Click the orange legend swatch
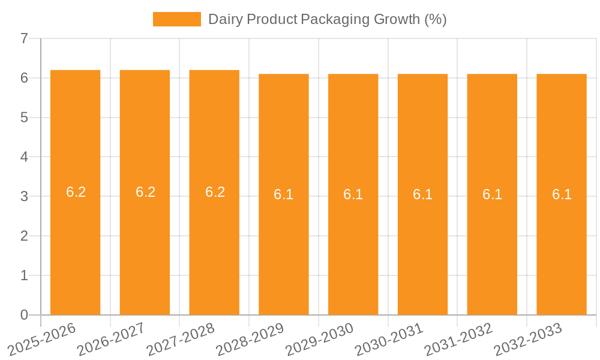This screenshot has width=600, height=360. pos(177,19)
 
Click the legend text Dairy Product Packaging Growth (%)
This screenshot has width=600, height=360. pos(327,19)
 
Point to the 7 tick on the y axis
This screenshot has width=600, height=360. pos(24,39)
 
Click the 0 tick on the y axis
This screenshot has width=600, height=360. pos(24,315)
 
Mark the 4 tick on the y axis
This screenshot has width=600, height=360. pos(24,157)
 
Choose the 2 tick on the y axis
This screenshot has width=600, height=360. pos(24,236)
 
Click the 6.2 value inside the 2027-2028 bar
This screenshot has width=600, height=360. pos(215,192)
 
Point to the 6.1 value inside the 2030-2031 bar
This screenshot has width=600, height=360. pos(422,194)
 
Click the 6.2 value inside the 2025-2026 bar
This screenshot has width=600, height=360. pos(76,192)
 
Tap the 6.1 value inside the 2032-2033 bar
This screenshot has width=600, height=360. pos(562,194)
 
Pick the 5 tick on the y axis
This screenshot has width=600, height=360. pos(24,118)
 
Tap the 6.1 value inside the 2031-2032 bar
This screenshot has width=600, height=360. pos(492,194)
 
